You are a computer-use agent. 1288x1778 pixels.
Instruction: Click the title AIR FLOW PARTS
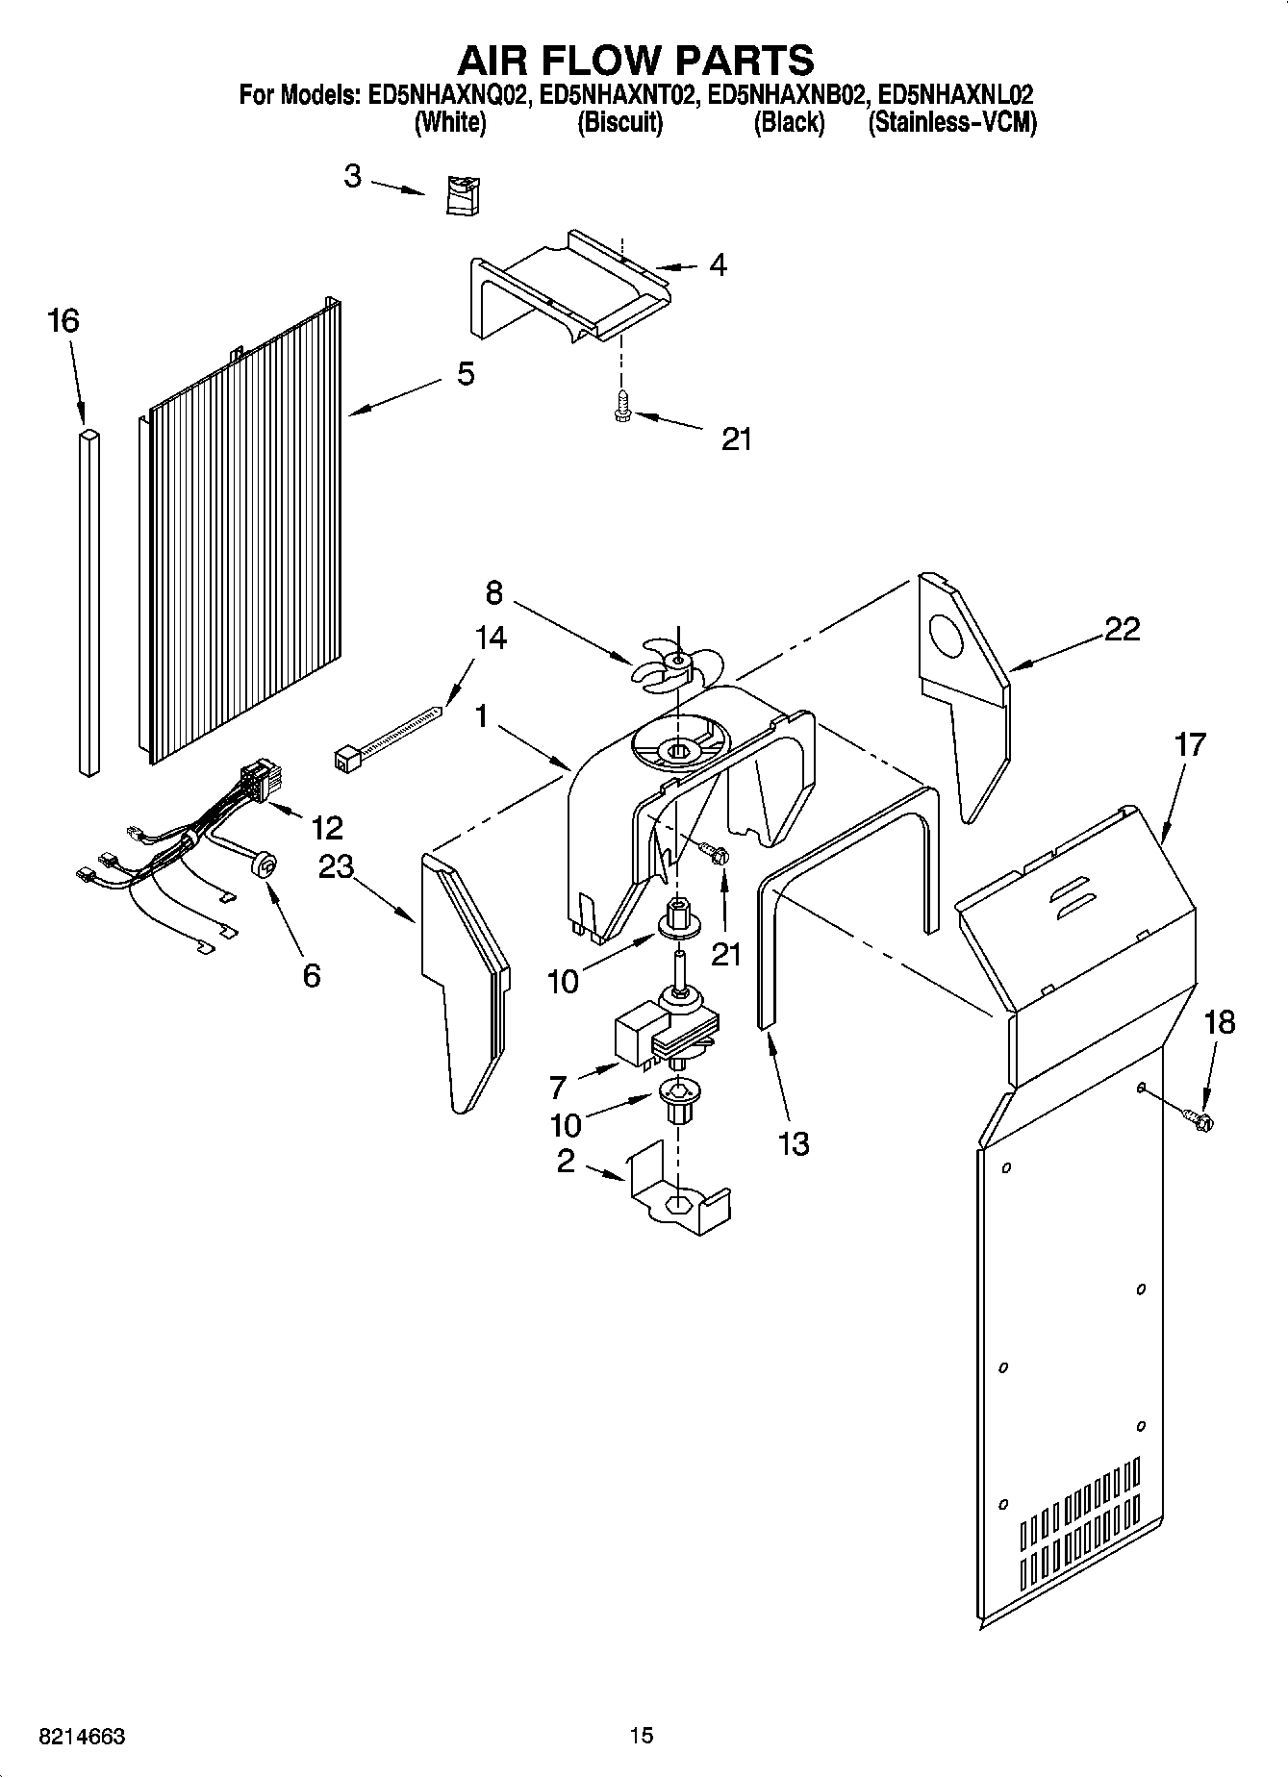636,60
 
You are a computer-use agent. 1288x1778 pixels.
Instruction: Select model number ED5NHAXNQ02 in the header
444,95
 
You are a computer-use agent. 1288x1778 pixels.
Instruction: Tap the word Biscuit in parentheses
619,122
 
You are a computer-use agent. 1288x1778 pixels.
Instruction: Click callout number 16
63,321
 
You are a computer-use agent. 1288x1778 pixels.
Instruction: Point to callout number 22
1122,629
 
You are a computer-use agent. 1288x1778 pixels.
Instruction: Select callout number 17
1189,744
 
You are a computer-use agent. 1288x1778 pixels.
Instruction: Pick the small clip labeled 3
464,195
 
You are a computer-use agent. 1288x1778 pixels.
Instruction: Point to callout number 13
794,1143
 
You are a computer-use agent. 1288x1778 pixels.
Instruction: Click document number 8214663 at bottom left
82,1736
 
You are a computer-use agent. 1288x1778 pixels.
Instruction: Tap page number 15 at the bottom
642,1735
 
